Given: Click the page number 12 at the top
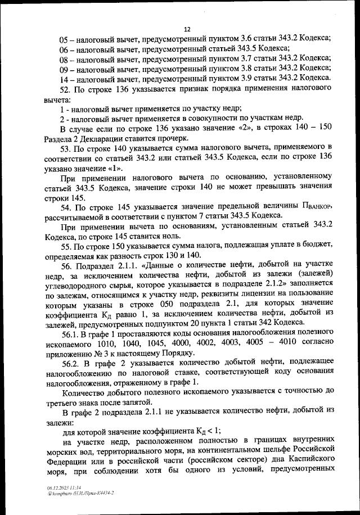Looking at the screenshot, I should tap(187, 29).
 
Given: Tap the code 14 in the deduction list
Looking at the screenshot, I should tap(64, 79).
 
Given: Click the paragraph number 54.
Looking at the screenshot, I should tap(64, 209).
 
